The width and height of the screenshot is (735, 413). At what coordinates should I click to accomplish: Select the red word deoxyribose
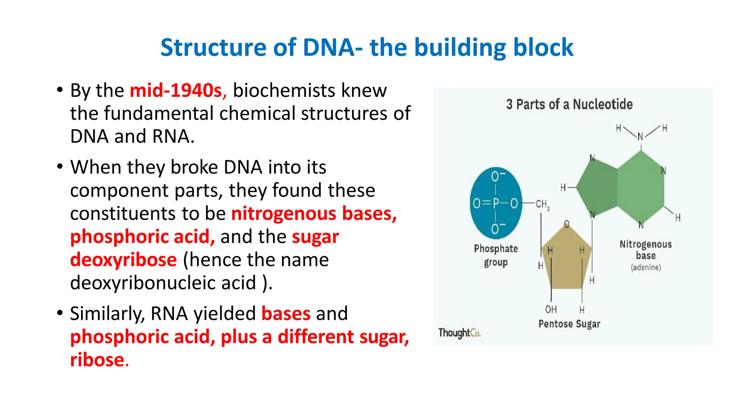[123, 260]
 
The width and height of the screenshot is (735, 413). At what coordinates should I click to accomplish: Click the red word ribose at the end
[97, 360]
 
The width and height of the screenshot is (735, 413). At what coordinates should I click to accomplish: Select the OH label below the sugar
[551, 309]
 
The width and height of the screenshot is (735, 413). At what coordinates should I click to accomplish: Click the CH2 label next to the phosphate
[542, 204]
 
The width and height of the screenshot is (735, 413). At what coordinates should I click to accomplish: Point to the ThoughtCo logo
[459, 333]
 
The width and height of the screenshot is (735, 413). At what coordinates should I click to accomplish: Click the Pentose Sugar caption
[569, 324]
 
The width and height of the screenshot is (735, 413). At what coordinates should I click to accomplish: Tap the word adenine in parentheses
[646, 267]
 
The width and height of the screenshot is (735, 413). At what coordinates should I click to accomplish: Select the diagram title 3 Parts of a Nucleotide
[569, 104]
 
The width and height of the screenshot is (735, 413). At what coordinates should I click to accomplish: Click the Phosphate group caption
[496, 255]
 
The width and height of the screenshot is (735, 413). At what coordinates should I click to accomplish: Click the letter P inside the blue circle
[496, 204]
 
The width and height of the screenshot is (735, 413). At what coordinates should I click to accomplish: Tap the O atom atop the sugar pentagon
[567, 224]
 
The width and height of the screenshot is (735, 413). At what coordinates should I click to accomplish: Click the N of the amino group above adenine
[640, 137]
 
